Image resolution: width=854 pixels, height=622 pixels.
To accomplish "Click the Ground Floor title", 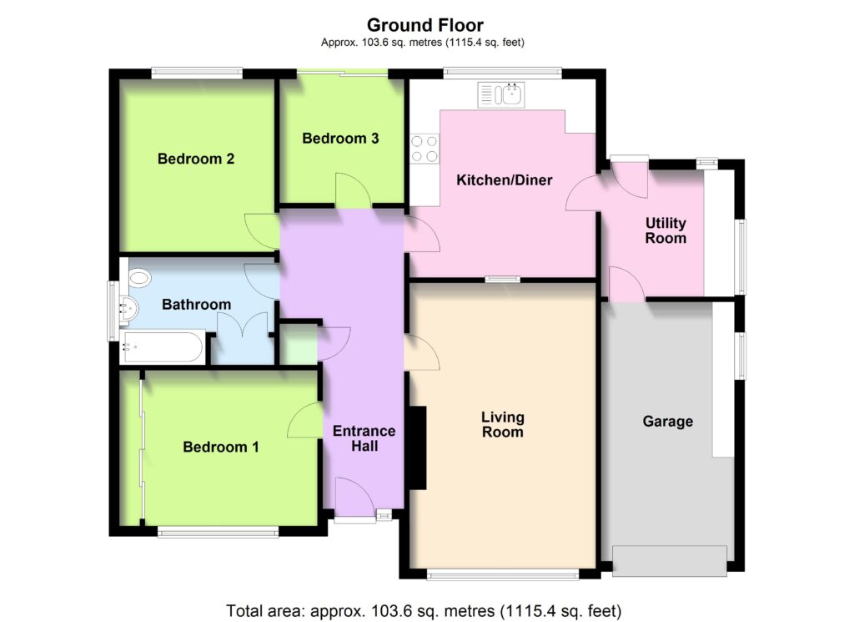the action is pyautogui.click(x=424, y=25).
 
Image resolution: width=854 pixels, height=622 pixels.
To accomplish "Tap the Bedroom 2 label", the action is pyautogui.click(x=196, y=159).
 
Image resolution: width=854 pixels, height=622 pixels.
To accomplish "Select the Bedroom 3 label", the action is pyautogui.click(x=340, y=139).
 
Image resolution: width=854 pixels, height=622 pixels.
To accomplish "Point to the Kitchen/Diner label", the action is pyautogui.click(x=505, y=180).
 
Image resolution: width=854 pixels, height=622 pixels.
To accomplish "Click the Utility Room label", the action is pyautogui.click(x=666, y=230).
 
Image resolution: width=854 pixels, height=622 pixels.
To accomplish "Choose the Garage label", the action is pyautogui.click(x=668, y=422).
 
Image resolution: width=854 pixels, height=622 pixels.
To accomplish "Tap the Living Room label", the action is pyautogui.click(x=502, y=425).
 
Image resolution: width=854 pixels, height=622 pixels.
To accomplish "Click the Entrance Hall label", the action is pyautogui.click(x=364, y=439).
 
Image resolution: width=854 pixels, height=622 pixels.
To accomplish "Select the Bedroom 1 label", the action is pyautogui.click(x=220, y=447).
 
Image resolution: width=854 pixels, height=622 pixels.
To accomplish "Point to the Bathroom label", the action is pyautogui.click(x=197, y=304).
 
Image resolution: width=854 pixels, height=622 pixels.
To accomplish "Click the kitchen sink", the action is pyautogui.click(x=501, y=95).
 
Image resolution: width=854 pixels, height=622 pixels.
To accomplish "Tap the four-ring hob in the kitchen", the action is pyautogui.click(x=424, y=149).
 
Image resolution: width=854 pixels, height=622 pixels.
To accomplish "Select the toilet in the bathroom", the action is pyautogui.click(x=139, y=278).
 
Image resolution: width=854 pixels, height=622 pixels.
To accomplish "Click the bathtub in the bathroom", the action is pyautogui.click(x=163, y=347).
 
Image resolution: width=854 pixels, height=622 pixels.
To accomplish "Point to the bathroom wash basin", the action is pyautogui.click(x=129, y=309).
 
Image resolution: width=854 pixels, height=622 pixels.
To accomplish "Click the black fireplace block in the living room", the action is pyautogui.click(x=418, y=448).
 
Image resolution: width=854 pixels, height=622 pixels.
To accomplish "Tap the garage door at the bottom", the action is pyautogui.click(x=670, y=561).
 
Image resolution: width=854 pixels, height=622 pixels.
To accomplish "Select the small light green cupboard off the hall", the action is pyautogui.click(x=299, y=344).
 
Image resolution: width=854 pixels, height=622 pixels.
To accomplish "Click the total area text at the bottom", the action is pyautogui.click(x=424, y=610).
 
